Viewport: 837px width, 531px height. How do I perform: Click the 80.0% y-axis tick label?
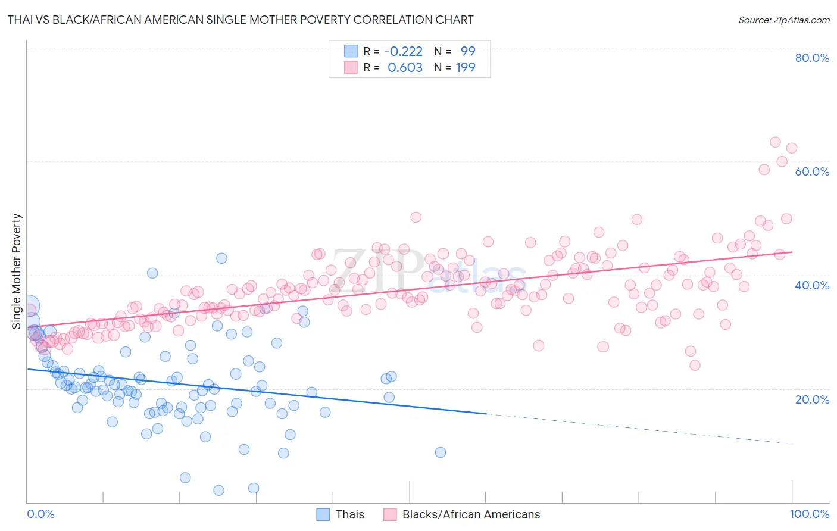pos(812,58)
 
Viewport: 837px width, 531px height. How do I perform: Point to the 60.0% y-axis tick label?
pos(812,171)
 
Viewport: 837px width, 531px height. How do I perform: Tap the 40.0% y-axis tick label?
pos(812,285)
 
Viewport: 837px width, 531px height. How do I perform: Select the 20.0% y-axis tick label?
pos(812,399)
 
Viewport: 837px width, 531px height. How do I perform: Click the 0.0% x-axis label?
pos(40,514)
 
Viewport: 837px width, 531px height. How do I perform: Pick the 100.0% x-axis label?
pos(809,514)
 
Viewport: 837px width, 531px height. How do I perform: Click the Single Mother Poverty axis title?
pos(17,271)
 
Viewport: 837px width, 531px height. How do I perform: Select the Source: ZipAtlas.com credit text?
pos(783,20)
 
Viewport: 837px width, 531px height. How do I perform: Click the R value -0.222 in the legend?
pos(403,51)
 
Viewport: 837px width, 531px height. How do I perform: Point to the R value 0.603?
pos(405,67)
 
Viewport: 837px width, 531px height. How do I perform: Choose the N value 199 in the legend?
pos(466,67)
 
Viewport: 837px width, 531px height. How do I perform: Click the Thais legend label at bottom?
pos(349,514)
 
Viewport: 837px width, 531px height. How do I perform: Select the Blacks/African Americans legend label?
pos(471,514)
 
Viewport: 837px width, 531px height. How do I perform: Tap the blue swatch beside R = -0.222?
pos(351,51)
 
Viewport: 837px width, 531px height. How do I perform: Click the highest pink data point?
pos(775,142)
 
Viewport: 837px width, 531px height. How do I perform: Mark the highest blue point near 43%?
pos(221,258)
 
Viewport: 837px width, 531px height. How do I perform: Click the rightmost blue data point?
pos(440,452)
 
